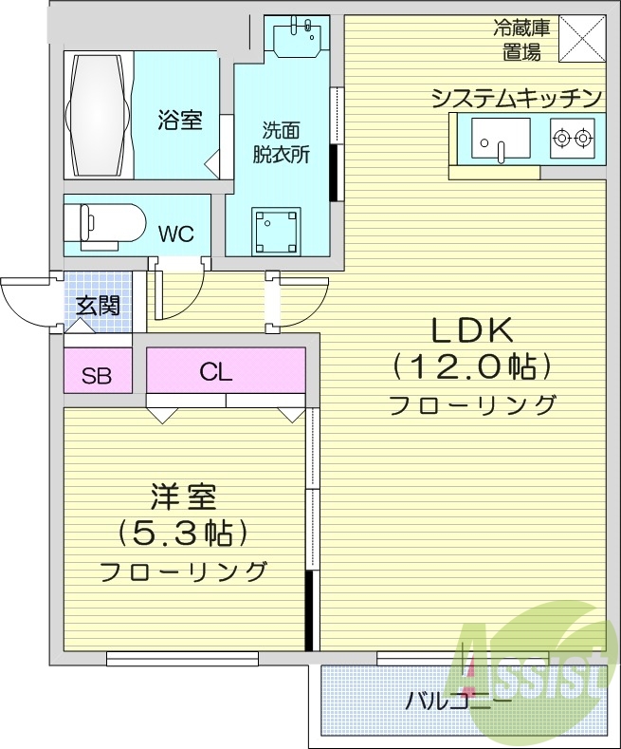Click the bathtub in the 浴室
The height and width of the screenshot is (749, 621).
(x=98, y=113)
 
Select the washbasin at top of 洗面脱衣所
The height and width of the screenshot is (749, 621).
(x=297, y=41)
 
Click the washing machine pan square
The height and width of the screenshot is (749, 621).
(x=274, y=230)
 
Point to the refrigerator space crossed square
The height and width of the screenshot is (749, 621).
(x=580, y=39)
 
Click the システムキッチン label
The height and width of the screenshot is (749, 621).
(x=517, y=97)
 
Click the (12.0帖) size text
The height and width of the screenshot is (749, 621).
(x=471, y=366)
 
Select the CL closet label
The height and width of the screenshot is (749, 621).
(x=216, y=372)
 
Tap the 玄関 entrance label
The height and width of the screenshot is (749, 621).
(x=97, y=306)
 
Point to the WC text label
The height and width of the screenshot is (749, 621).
(x=177, y=234)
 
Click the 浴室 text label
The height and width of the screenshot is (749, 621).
(x=179, y=121)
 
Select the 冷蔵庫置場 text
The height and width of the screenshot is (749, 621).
(x=521, y=39)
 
